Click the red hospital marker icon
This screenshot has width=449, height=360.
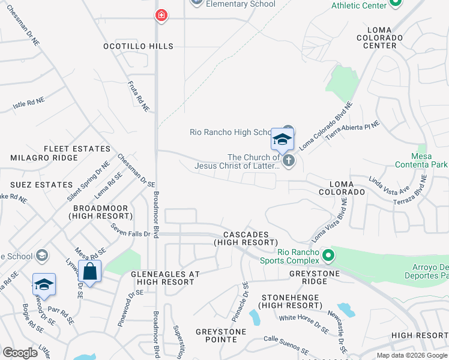pos(161,16)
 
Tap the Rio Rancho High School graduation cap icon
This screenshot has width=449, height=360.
pos(282,140)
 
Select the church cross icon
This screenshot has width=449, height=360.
pos(289,160)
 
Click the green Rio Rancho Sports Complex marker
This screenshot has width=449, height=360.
pos(327,256)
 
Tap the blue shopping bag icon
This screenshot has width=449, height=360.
pos(89,271)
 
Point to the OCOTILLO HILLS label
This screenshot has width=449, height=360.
pos(138,46)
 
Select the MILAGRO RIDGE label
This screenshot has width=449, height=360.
pos(44,158)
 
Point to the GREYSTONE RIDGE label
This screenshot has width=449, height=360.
pos(314,277)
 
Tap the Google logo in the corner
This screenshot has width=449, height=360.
pos(20,353)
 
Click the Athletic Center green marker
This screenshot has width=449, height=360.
pos(395,3)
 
